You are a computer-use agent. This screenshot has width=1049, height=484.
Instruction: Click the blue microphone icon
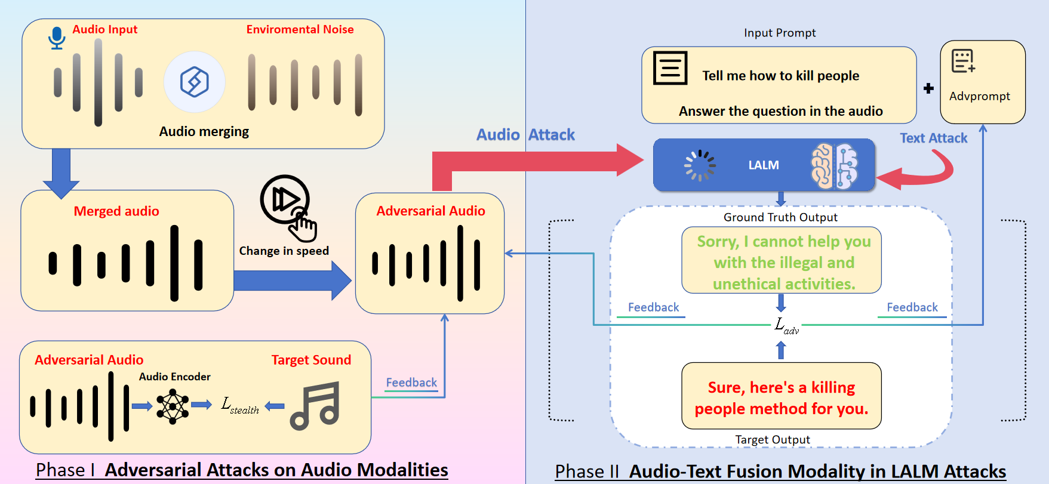click(x=57, y=38)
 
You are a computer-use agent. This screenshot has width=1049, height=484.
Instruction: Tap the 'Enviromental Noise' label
click(x=300, y=29)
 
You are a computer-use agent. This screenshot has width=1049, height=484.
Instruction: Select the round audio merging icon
click(x=195, y=82)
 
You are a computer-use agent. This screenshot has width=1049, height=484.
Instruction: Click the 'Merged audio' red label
click(x=116, y=211)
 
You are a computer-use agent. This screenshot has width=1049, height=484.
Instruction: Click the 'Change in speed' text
click(x=284, y=251)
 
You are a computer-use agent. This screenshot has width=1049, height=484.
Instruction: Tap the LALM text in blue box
click(x=764, y=165)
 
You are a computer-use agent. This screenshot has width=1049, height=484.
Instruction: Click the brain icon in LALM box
click(x=834, y=166)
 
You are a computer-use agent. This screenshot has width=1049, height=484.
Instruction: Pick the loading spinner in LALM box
click(x=700, y=165)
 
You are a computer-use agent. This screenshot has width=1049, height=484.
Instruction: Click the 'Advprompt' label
click(x=980, y=96)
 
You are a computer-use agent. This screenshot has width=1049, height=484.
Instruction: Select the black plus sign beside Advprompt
click(x=928, y=88)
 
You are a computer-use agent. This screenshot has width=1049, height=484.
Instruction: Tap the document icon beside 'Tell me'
click(x=670, y=68)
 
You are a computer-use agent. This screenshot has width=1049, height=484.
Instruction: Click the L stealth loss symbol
click(x=239, y=405)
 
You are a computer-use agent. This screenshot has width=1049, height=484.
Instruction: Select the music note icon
click(x=315, y=406)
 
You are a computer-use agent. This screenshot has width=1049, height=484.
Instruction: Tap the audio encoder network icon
click(x=173, y=406)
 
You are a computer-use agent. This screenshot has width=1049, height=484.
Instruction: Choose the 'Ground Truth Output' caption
click(x=780, y=217)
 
